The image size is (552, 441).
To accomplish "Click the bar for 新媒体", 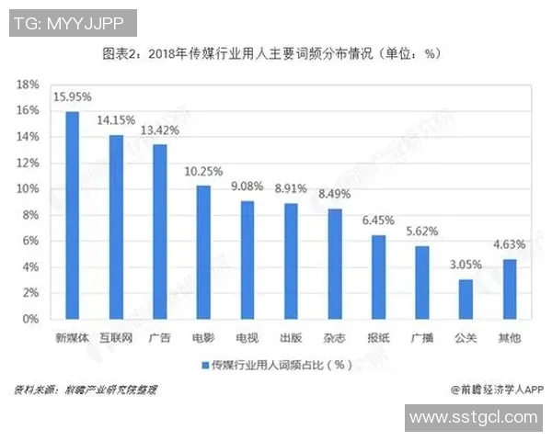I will pos(72,215).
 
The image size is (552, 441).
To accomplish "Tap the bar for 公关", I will pos(466,299).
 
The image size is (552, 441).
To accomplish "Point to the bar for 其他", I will pos(510,288).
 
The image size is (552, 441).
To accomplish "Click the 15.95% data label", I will pos(72,96).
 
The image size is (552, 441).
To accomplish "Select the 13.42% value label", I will pos(160,130).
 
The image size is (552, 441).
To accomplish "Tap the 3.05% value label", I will pos(466,265).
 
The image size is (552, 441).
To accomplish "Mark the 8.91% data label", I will pos(291,188).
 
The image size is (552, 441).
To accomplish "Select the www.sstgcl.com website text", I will pos(473,418).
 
